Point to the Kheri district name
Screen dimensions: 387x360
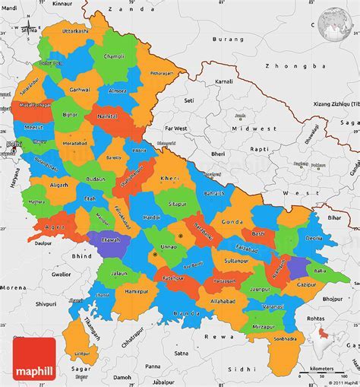coord(169,178)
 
